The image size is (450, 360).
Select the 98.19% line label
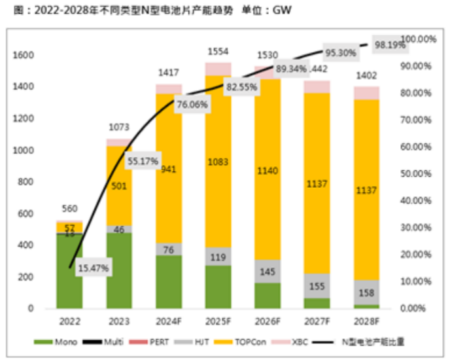click(x=391, y=46)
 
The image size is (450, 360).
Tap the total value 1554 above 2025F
click(x=218, y=51)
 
